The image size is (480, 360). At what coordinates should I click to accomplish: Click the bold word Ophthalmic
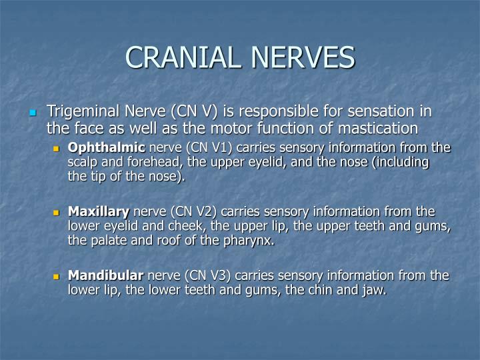coord(106,147)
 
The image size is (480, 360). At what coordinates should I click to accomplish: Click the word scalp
coord(83,162)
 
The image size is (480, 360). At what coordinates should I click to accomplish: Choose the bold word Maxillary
coord(99,211)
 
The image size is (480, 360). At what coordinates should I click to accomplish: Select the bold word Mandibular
coord(105,275)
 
